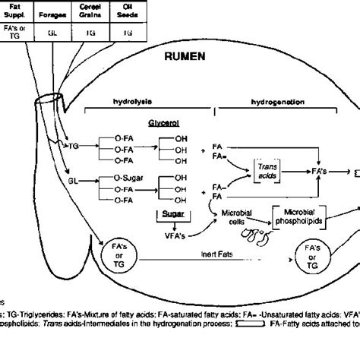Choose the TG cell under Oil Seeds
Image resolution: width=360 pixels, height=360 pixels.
click(x=128, y=33)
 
